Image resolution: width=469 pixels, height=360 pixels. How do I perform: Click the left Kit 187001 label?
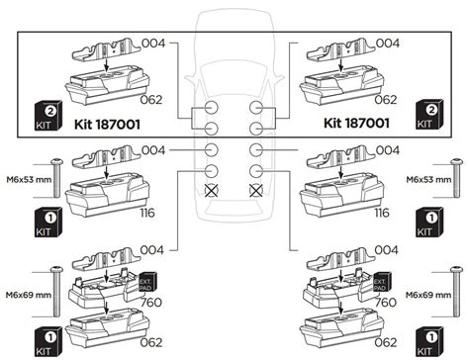tap(107, 125)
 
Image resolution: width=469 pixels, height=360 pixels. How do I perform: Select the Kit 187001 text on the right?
tap(356, 123)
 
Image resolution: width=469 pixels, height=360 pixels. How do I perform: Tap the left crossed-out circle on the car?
tap(212, 190)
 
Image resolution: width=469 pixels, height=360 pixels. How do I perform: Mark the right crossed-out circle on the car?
tap(256, 190)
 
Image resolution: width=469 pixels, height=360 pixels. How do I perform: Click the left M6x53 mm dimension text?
tap(29, 180)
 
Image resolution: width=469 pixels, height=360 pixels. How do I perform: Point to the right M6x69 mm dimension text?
tap(428, 295)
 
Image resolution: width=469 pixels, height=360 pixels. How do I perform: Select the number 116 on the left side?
tap(147, 213)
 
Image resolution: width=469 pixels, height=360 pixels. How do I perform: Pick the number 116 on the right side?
tap(382, 213)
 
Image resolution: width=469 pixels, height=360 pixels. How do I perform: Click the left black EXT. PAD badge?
tap(147, 283)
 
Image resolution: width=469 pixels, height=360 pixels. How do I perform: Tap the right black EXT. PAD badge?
tap(382, 283)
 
